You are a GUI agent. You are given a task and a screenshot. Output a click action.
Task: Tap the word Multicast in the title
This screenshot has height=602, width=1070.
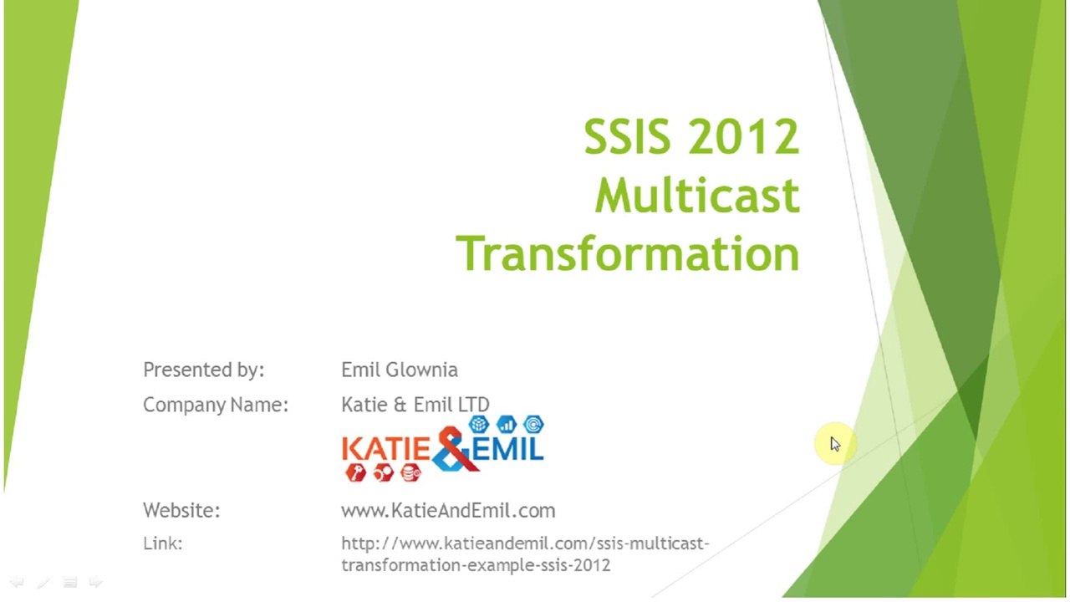point(697,195)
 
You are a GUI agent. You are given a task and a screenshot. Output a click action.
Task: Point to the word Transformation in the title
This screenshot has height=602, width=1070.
point(628,253)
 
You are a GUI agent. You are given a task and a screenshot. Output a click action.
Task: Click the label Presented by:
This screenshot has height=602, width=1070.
point(204,370)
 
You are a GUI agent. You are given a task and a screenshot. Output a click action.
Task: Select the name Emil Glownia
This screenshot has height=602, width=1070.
point(400,370)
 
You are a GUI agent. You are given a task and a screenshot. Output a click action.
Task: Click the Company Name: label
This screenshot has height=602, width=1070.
point(216,405)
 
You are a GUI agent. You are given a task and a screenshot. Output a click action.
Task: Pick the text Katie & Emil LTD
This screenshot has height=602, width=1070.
point(415,404)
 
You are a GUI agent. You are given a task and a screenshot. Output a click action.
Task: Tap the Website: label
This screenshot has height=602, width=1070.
point(181,510)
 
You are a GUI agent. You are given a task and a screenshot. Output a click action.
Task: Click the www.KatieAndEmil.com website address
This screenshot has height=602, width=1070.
point(448,510)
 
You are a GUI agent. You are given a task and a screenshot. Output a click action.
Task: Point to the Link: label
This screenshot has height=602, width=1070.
point(163,543)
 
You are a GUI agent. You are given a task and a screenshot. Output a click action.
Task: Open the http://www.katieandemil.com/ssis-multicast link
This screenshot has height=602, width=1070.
point(525,543)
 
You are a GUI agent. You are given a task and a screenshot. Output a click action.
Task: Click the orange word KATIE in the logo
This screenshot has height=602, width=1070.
point(386,450)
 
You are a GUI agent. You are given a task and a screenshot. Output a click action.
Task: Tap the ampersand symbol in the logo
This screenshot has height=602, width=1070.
point(453,449)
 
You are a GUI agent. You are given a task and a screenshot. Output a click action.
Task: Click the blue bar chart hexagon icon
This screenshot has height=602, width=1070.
point(507,423)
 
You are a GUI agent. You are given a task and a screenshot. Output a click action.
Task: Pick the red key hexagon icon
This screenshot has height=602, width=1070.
point(356,473)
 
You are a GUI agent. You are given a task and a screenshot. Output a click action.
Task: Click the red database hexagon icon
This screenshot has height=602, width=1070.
point(410,473)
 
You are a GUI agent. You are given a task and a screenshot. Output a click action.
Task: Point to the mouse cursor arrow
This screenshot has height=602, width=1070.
point(835,444)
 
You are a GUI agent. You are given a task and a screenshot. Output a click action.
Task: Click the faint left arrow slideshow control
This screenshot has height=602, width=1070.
point(18,582)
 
